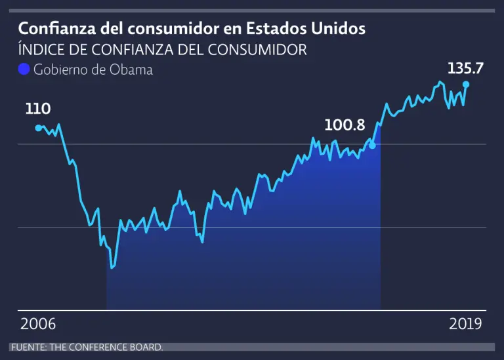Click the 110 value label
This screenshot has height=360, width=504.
37,110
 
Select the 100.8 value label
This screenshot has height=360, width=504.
345,125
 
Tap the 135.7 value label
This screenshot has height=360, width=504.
465,68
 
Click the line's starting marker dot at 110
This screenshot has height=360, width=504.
38,128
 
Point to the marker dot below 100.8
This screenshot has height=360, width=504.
373,145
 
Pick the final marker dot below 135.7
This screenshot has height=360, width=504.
466,85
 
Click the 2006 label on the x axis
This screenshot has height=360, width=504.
38,324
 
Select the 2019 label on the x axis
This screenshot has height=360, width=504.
465,324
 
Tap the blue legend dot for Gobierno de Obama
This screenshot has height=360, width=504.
24,70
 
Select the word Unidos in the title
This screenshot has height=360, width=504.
342,29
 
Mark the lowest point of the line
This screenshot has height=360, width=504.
112,268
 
